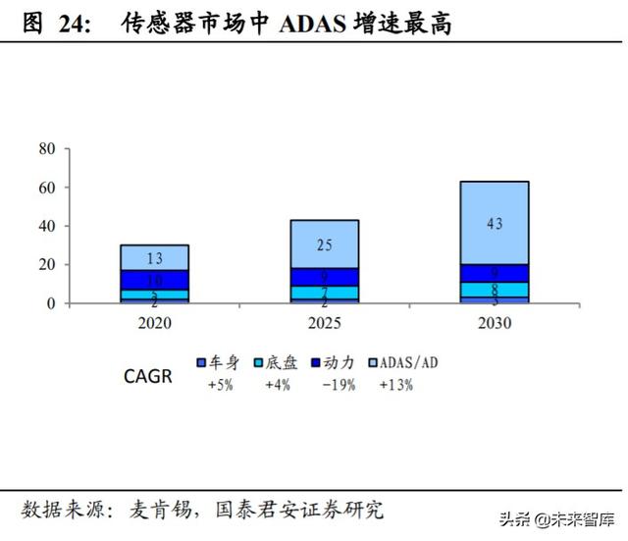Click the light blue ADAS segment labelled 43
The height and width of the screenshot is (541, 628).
(x=495, y=223)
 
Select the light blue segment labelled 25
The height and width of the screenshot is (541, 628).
(x=325, y=243)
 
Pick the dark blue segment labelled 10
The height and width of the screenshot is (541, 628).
(x=155, y=280)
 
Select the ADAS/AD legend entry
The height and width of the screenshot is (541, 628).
(x=403, y=361)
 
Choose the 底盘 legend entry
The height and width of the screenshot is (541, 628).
(x=273, y=361)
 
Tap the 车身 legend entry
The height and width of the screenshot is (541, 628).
(x=216, y=361)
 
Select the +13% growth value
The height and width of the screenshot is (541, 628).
(x=395, y=386)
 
